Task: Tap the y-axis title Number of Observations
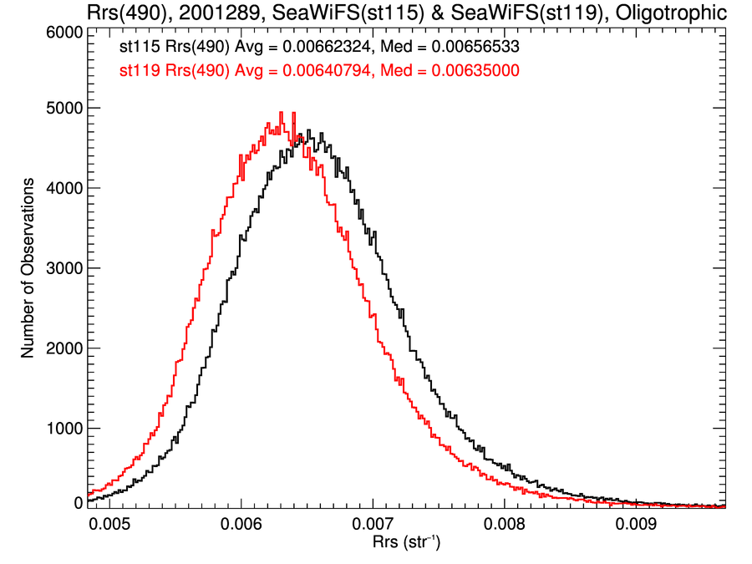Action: [28, 267]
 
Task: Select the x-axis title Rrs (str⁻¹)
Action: [406, 544]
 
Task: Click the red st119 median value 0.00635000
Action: [475, 72]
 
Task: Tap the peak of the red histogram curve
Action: [281, 113]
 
